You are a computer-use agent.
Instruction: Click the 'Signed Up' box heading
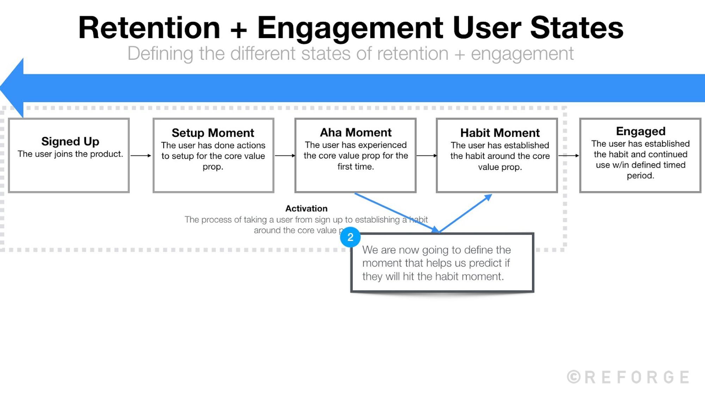pyautogui.click(x=70, y=141)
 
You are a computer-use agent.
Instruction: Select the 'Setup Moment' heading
pyautogui.click(x=213, y=133)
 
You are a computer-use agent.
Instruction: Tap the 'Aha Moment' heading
pyautogui.click(x=356, y=133)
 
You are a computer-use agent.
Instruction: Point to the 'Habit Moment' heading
pyautogui.click(x=500, y=133)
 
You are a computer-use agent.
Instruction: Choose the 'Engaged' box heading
pyautogui.click(x=640, y=131)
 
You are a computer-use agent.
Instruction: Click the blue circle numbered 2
pyautogui.click(x=350, y=237)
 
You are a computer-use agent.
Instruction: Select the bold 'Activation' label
pyautogui.click(x=306, y=209)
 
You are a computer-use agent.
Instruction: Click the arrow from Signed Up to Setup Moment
pyautogui.click(x=141, y=156)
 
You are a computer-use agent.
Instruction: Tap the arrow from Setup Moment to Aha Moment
pyautogui.click(x=285, y=156)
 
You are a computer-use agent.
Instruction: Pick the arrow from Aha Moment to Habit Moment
pyautogui.click(x=427, y=156)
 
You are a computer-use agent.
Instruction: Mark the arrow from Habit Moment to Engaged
pyautogui.click(x=569, y=156)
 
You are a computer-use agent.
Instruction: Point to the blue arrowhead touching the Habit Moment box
pyautogui.click(x=488, y=197)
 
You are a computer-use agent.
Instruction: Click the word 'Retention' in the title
pyautogui.click(x=149, y=28)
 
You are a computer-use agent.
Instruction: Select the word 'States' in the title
pyautogui.click(x=577, y=28)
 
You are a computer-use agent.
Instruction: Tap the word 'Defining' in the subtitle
pyautogui.click(x=160, y=54)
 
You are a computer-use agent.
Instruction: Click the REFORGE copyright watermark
pyautogui.click(x=628, y=377)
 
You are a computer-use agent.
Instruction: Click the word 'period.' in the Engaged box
pyautogui.click(x=640, y=176)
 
